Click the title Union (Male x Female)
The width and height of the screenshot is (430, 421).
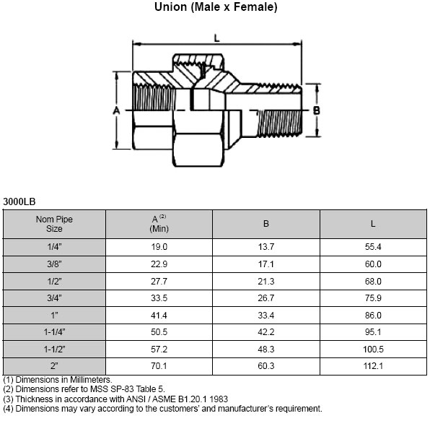(x=216, y=8)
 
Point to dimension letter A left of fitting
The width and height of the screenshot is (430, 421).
(x=116, y=110)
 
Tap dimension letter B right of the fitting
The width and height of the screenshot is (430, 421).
(x=316, y=110)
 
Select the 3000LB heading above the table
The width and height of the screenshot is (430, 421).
(x=19, y=201)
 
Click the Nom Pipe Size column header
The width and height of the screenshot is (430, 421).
(x=54, y=224)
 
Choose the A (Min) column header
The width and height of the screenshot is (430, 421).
(x=159, y=224)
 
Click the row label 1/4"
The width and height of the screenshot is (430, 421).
(x=54, y=248)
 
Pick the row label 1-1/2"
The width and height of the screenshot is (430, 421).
(x=54, y=348)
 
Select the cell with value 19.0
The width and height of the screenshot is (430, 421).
(x=159, y=248)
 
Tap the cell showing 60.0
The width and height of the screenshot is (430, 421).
(x=373, y=264)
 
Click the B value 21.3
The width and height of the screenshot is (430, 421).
(x=266, y=281)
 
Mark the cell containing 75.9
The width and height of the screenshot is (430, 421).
(x=373, y=298)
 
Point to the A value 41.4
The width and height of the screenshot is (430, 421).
(x=159, y=315)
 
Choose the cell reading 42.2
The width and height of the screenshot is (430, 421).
(x=266, y=331)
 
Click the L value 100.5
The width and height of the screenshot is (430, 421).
(x=373, y=348)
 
